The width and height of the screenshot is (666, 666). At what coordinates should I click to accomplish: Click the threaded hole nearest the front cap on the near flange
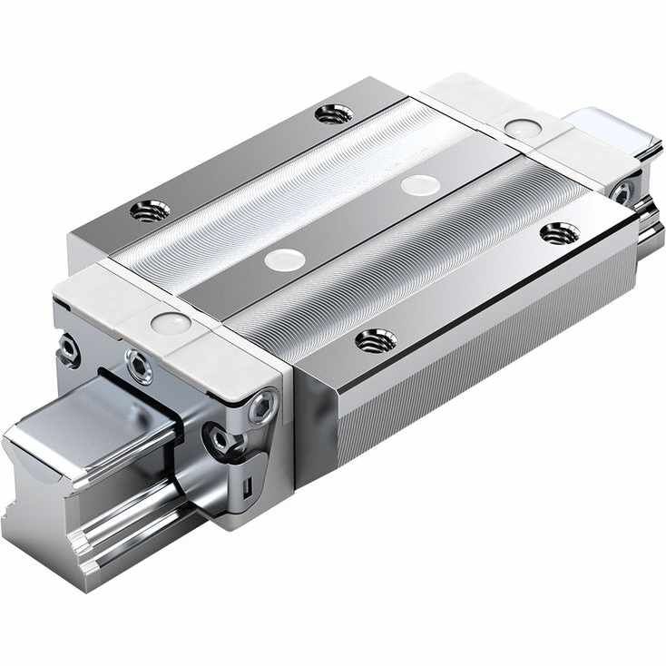376,342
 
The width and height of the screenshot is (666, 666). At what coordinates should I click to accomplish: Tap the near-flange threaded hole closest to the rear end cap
560,234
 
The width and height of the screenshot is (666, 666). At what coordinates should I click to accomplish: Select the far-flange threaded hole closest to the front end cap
150,212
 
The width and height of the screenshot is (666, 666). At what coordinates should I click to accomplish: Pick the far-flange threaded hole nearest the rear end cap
334,114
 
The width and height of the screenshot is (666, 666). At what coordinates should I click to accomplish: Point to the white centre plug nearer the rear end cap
420,185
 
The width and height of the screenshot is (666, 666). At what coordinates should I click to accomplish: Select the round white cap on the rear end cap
520,128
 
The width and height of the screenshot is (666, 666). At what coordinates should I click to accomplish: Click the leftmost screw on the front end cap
67,348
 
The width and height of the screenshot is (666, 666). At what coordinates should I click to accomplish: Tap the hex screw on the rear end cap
623,191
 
